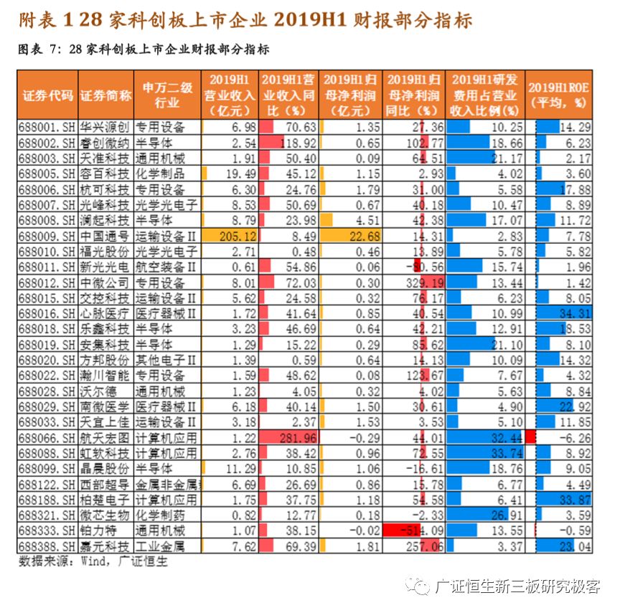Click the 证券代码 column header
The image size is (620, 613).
click(x=48, y=95)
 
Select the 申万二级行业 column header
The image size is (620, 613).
click(x=167, y=95)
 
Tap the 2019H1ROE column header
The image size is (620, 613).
click(x=559, y=94)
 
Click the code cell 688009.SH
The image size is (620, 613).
click(x=48, y=236)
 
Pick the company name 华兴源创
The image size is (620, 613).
click(x=105, y=127)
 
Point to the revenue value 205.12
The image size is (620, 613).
click(x=230, y=236)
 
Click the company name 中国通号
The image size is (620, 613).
click(x=105, y=236)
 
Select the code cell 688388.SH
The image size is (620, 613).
click(x=48, y=546)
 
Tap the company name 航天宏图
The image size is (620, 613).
click(x=105, y=437)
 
